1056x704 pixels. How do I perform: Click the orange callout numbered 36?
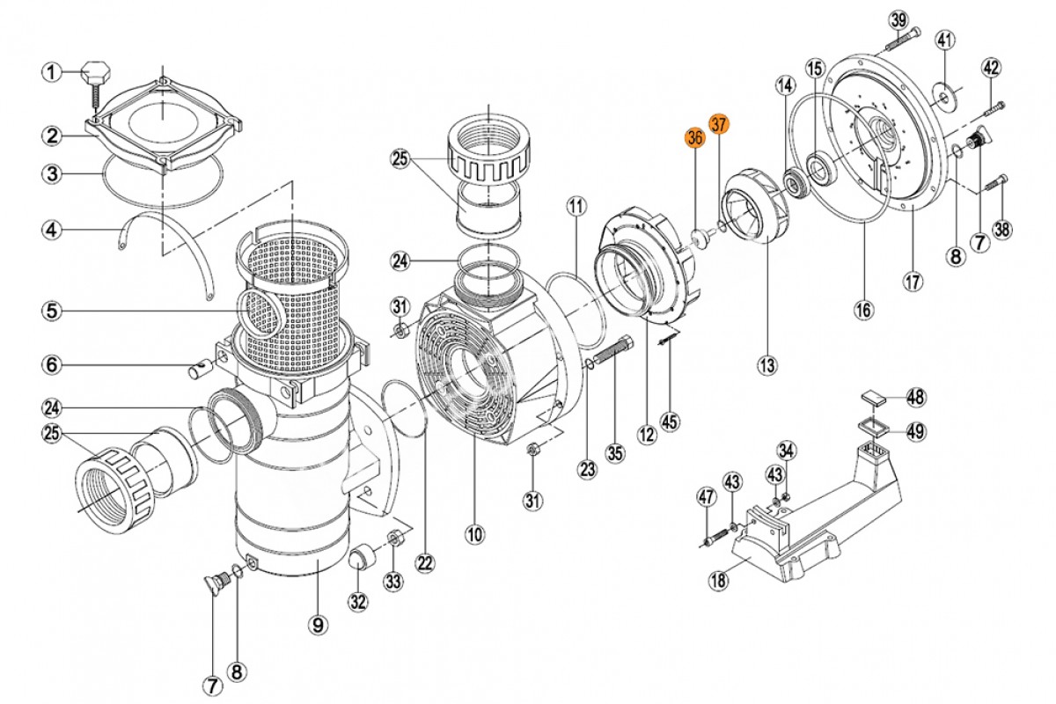[695, 137]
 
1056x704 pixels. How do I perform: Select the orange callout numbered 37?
[719, 124]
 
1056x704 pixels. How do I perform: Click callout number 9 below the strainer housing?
[318, 626]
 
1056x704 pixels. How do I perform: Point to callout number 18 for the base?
[718, 581]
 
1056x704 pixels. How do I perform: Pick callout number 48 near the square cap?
[916, 398]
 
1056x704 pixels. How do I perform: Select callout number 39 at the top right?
[898, 21]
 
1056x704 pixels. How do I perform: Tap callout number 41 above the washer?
[945, 40]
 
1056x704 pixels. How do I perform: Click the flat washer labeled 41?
[946, 98]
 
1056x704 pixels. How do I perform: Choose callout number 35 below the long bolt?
[615, 453]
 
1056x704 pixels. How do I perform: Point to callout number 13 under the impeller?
[767, 365]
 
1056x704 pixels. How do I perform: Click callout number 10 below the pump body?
[474, 535]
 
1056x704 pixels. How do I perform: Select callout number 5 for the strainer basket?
[52, 312]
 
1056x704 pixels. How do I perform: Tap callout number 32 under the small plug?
[358, 602]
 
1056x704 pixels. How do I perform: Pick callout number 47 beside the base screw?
[706, 497]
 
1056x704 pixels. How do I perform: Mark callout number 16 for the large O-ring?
[864, 311]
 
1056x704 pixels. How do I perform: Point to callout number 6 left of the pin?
[52, 364]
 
